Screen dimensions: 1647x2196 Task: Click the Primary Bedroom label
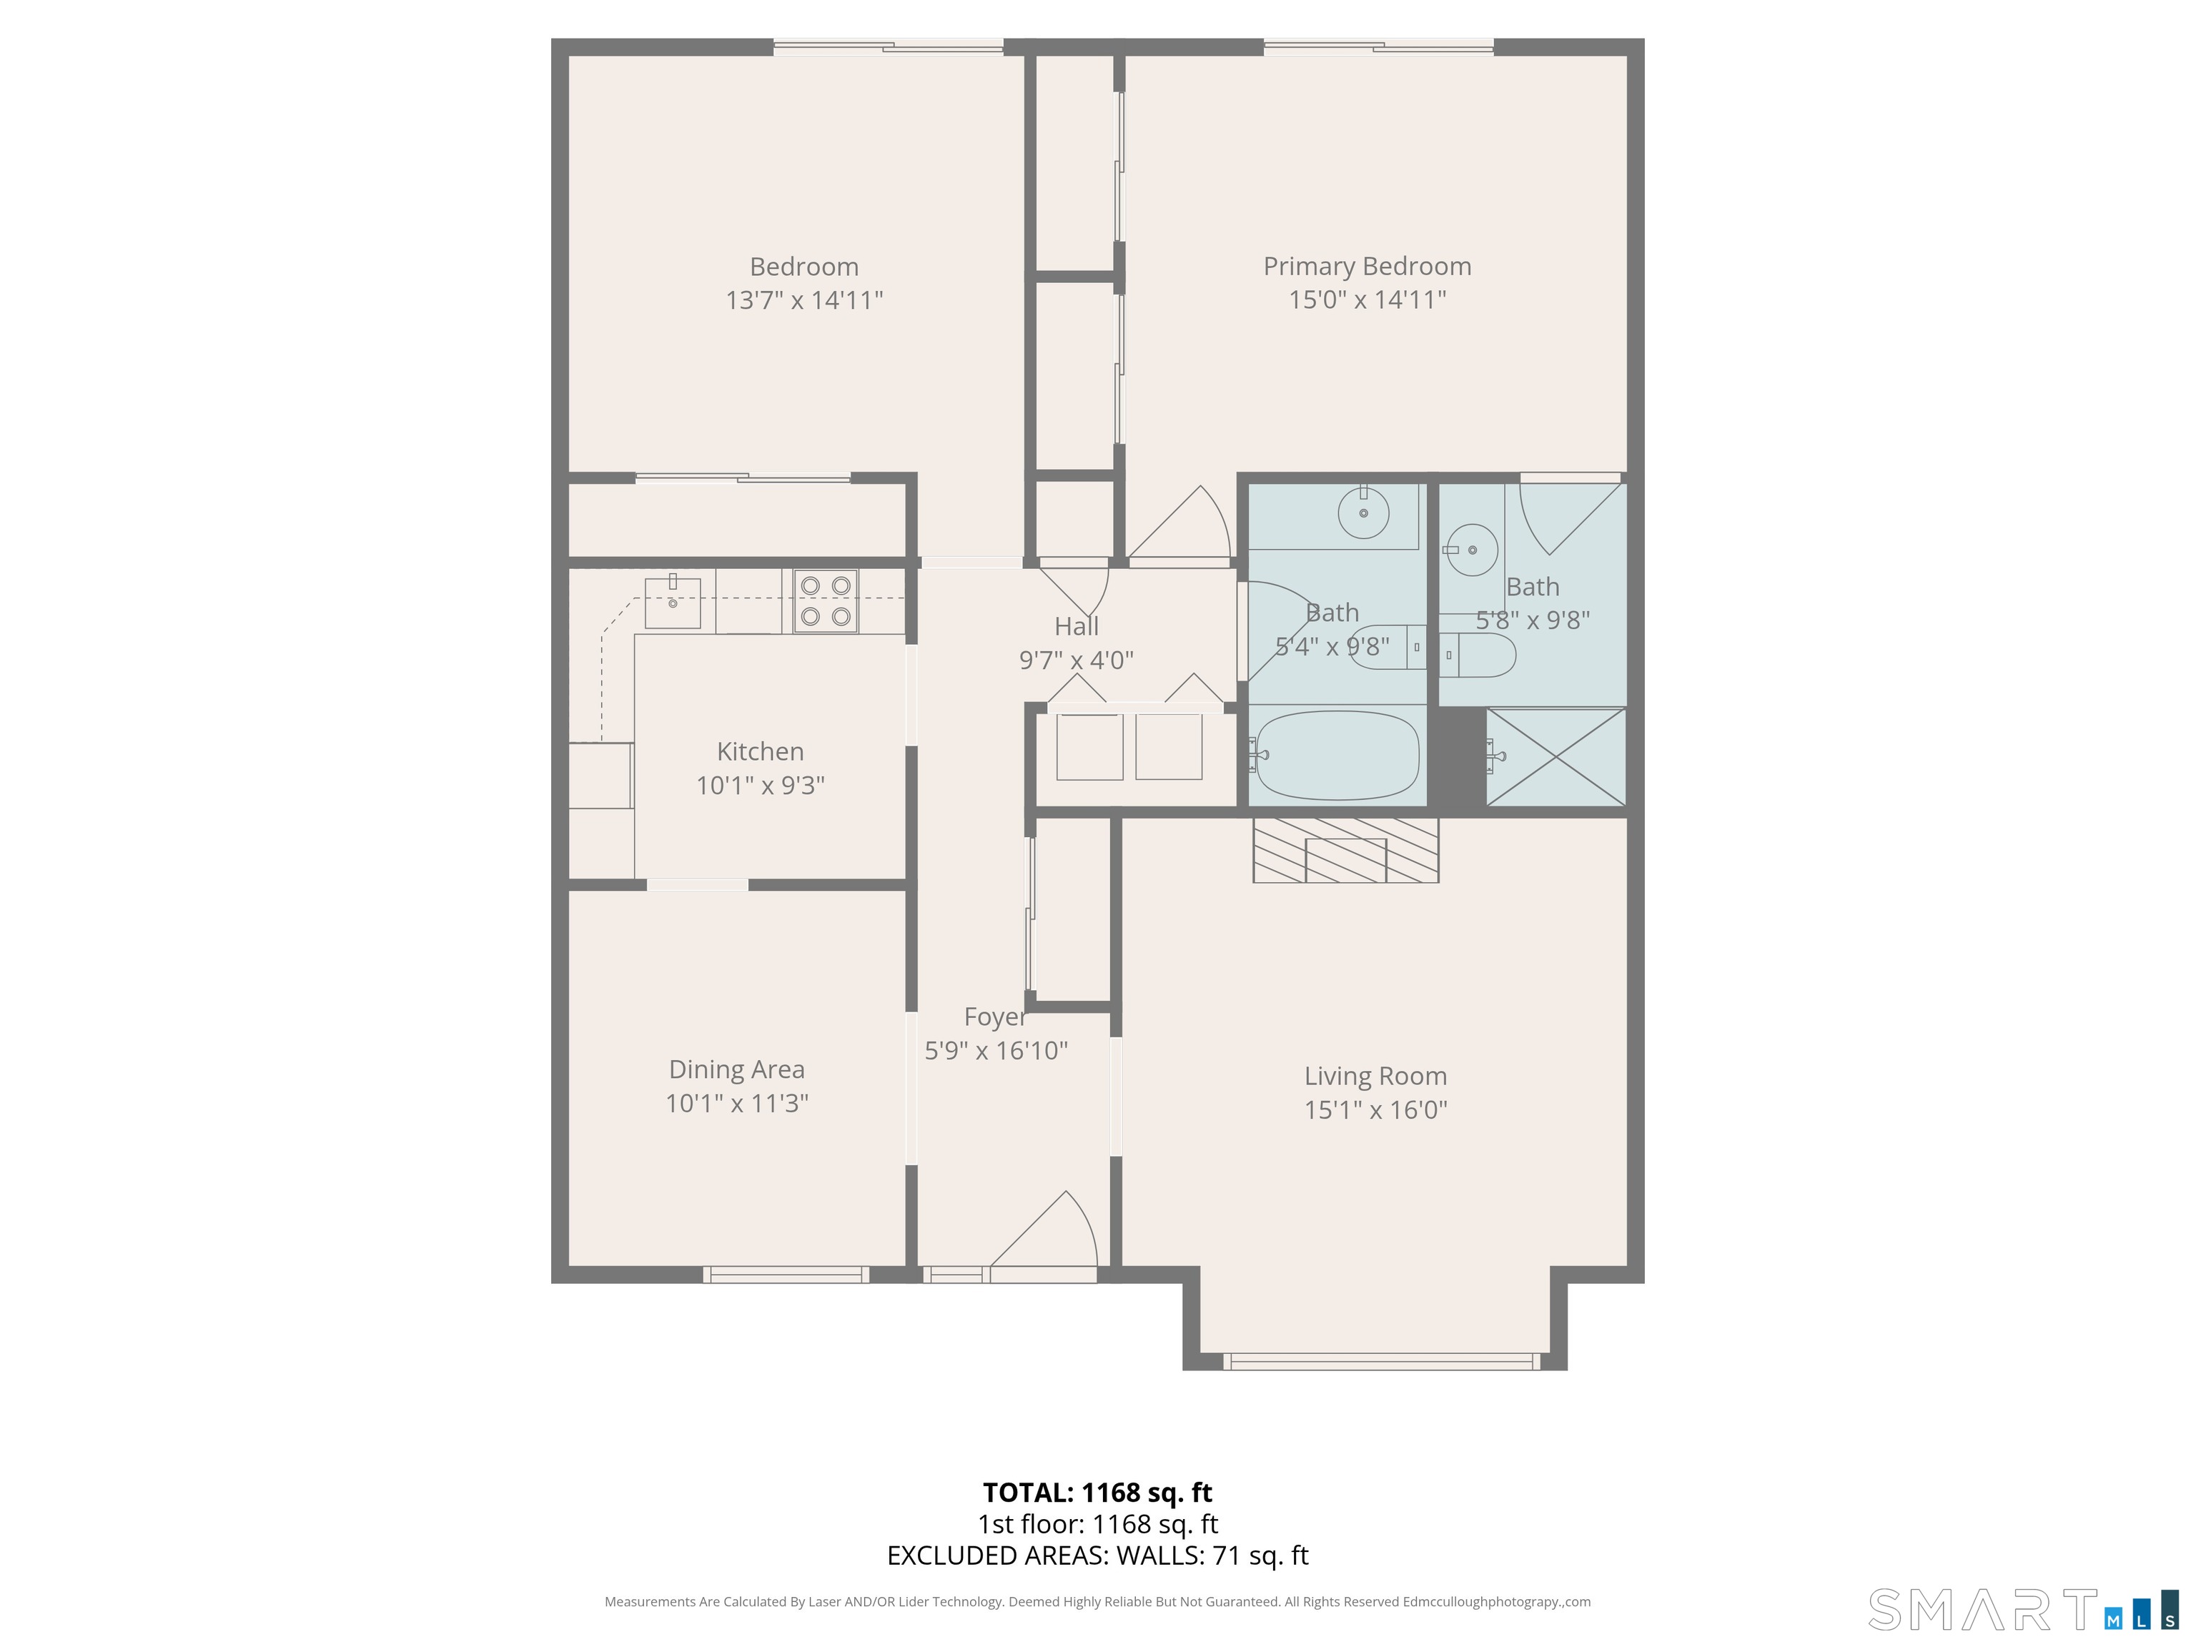(1366, 266)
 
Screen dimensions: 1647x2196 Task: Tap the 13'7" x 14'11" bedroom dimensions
(804, 300)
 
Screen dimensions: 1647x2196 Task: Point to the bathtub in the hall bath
(1336, 756)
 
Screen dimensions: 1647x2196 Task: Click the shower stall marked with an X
(1555, 756)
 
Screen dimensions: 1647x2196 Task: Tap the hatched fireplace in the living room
(1345, 851)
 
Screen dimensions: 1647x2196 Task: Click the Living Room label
(1375, 1076)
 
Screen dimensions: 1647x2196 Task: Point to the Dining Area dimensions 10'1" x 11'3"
(736, 1103)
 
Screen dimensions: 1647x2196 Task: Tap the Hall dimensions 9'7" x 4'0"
(1076, 661)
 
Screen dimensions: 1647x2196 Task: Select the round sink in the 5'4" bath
(1363, 513)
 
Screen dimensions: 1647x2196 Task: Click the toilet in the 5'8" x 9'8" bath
(1479, 656)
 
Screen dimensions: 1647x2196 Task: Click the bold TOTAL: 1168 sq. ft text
(1097, 1492)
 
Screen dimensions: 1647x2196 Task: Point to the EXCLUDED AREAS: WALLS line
(1097, 1555)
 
